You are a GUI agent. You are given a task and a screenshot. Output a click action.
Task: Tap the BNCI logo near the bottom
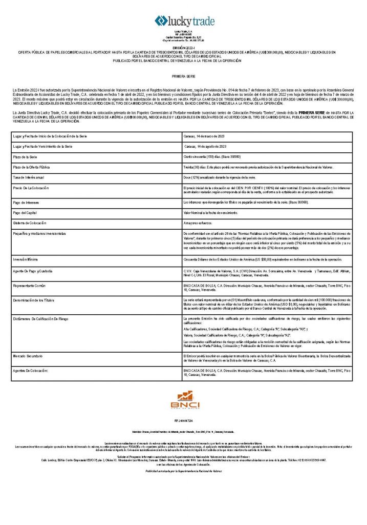pyautogui.click(x=182, y=399)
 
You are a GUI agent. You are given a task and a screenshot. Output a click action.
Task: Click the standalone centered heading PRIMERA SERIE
pyautogui.click(x=183, y=75)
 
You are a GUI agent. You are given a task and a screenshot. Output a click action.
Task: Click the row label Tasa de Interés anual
pyautogui.click(x=30, y=177)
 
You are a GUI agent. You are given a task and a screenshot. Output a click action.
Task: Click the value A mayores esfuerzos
pyautogui.click(x=198, y=223)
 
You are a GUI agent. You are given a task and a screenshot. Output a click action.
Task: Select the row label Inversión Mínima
pyautogui.click(x=28, y=259)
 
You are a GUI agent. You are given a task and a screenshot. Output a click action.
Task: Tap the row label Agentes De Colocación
pyautogui.click(x=31, y=370)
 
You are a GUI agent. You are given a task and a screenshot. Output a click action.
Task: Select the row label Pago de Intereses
pyautogui.click(x=27, y=202)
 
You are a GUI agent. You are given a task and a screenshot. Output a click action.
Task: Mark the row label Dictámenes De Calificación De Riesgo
pyautogui.click(x=43, y=318)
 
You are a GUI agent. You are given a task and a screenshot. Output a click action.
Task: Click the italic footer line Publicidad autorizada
pyautogui.click(x=183, y=470)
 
